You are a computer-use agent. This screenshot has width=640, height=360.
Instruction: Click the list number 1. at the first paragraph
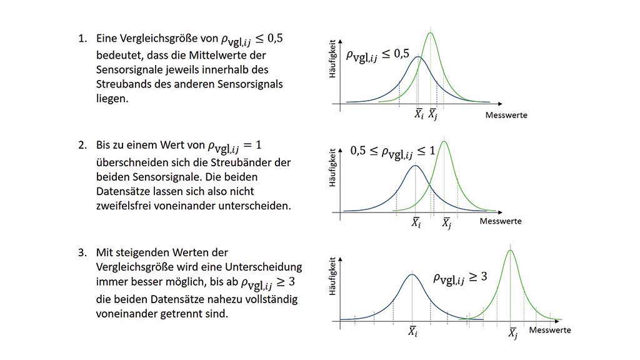pyautogui.click(x=82, y=39)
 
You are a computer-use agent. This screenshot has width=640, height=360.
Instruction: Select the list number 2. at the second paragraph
pyautogui.click(x=82, y=145)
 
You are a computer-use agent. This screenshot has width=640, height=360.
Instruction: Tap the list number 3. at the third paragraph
pyautogui.click(x=82, y=253)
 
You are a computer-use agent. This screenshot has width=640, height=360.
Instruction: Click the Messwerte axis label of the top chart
pyautogui.click(x=506, y=115)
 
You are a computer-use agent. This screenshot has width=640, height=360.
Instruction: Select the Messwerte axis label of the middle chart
pyautogui.click(x=501, y=221)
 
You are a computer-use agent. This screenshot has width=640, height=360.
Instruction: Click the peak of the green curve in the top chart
pyautogui.click(x=431, y=32)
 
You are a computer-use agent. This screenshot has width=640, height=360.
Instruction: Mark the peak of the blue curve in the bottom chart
pyautogui.click(x=411, y=274)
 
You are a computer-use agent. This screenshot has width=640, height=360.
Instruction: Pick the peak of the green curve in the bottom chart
pyautogui.click(x=511, y=251)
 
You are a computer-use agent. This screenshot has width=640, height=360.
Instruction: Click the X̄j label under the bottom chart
pyautogui.click(x=512, y=334)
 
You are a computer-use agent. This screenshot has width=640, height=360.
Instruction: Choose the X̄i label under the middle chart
pyautogui.click(x=416, y=222)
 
